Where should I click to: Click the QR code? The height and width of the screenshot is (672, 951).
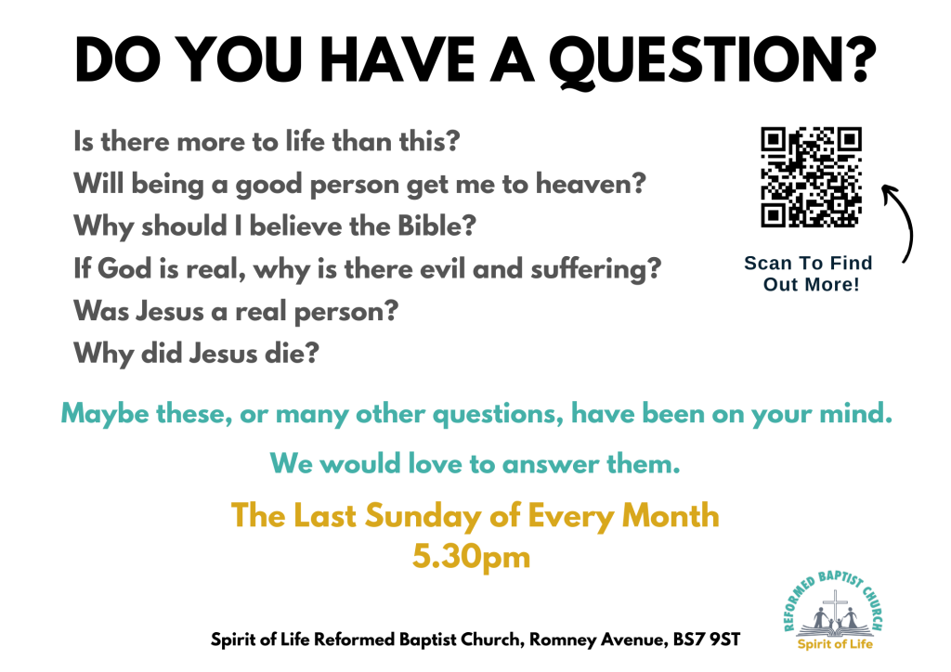(811, 177)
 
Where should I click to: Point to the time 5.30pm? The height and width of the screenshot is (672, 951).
(471, 556)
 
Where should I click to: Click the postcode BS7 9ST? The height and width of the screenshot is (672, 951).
(707, 640)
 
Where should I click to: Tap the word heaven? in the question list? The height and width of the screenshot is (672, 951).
(591, 184)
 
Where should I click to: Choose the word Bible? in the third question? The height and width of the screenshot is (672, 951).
(436, 226)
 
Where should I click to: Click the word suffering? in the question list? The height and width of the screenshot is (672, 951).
(596, 269)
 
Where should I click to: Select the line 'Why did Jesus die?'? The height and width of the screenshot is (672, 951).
(196, 354)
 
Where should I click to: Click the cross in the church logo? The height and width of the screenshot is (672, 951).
(836, 606)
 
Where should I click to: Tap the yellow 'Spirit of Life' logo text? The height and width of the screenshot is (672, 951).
(835, 643)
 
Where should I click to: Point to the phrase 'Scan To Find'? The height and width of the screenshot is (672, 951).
(808, 263)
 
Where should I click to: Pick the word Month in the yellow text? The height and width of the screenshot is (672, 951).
(671, 516)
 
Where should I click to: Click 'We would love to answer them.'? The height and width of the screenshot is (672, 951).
(475, 464)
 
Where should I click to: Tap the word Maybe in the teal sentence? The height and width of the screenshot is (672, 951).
(104, 415)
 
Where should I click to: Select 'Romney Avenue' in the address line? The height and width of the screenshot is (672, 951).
(598, 640)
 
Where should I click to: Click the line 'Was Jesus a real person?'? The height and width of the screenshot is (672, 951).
(236, 312)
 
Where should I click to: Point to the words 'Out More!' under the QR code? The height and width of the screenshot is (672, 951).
(811, 284)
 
